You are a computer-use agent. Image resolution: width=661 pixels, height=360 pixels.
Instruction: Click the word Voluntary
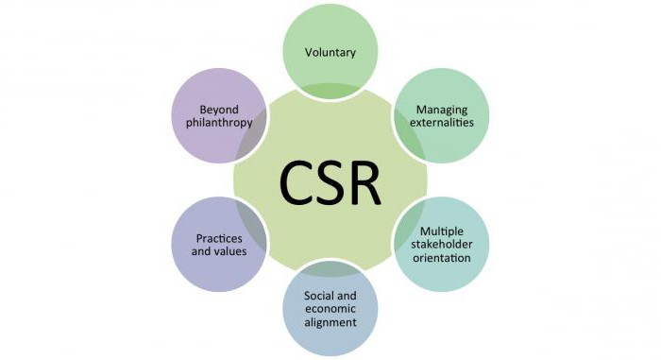(x=330, y=52)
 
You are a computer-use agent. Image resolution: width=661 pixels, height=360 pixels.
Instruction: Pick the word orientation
(x=440, y=258)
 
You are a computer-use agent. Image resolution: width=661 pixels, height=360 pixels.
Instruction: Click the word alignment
(x=330, y=322)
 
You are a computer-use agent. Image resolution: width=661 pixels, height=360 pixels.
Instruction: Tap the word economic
(x=330, y=309)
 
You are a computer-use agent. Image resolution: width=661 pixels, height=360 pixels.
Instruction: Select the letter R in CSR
(x=367, y=180)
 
